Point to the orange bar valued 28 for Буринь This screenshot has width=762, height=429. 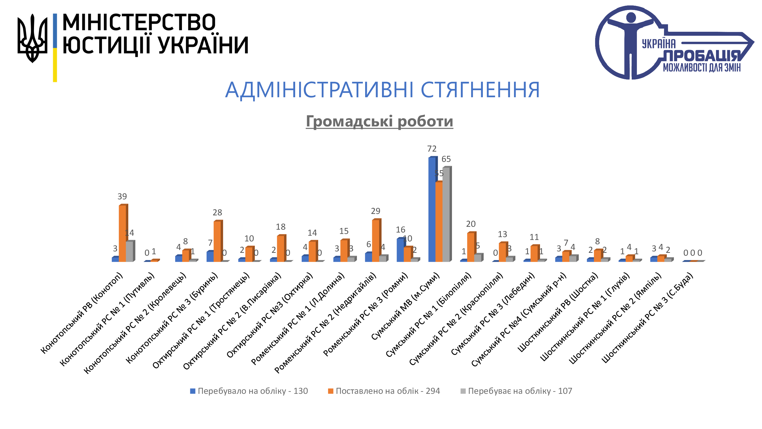[x=217, y=241]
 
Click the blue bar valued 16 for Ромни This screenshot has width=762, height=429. [x=400, y=250]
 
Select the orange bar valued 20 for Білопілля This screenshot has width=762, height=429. [x=471, y=247]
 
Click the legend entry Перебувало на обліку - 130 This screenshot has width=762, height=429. [x=249, y=391]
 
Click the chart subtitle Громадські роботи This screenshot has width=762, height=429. [x=379, y=121]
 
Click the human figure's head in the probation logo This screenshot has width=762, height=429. [x=631, y=17]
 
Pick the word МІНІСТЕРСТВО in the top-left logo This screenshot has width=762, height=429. [x=139, y=23]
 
